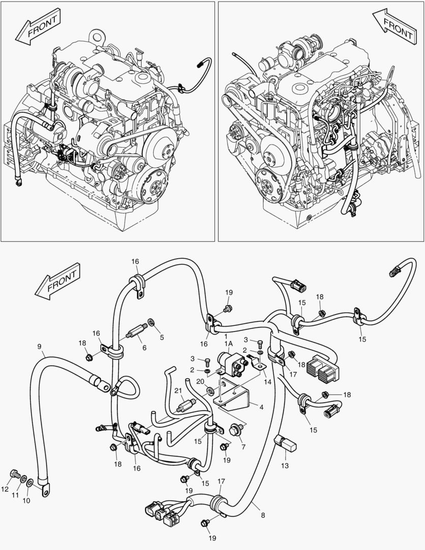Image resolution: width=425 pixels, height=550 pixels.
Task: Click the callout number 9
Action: coord(39,347)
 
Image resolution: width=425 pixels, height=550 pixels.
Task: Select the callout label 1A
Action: coord(229,344)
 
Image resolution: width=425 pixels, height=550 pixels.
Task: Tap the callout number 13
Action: coord(285,465)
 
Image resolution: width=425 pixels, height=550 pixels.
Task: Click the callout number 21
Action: coord(178,391)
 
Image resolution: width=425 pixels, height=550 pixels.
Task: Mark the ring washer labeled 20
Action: coord(210,391)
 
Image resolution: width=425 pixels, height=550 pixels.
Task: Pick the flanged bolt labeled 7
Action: coord(236,429)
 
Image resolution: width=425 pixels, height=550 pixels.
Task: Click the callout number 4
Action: coord(261,407)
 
